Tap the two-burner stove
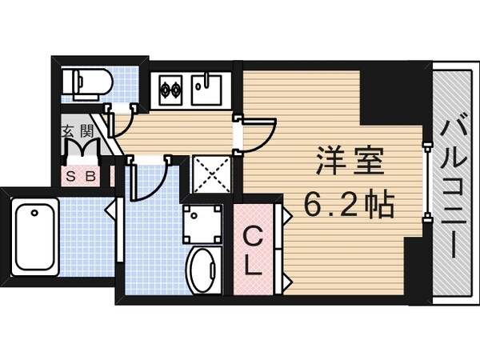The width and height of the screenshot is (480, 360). pyautogui.click(x=170, y=88)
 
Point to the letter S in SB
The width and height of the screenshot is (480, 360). pyautogui.click(x=72, y=175)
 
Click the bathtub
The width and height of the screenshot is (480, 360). pyautogui.click(x=37, y=232)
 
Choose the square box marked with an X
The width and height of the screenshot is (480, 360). pyautogui.click(x=213, y=174)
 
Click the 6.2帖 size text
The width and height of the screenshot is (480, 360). pyautogui.click(x=349, y=207)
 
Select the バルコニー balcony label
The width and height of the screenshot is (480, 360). pyautogui.click(x=452, y=188)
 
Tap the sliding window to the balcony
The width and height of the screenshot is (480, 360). pyautogui.click(x=425, y=176)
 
